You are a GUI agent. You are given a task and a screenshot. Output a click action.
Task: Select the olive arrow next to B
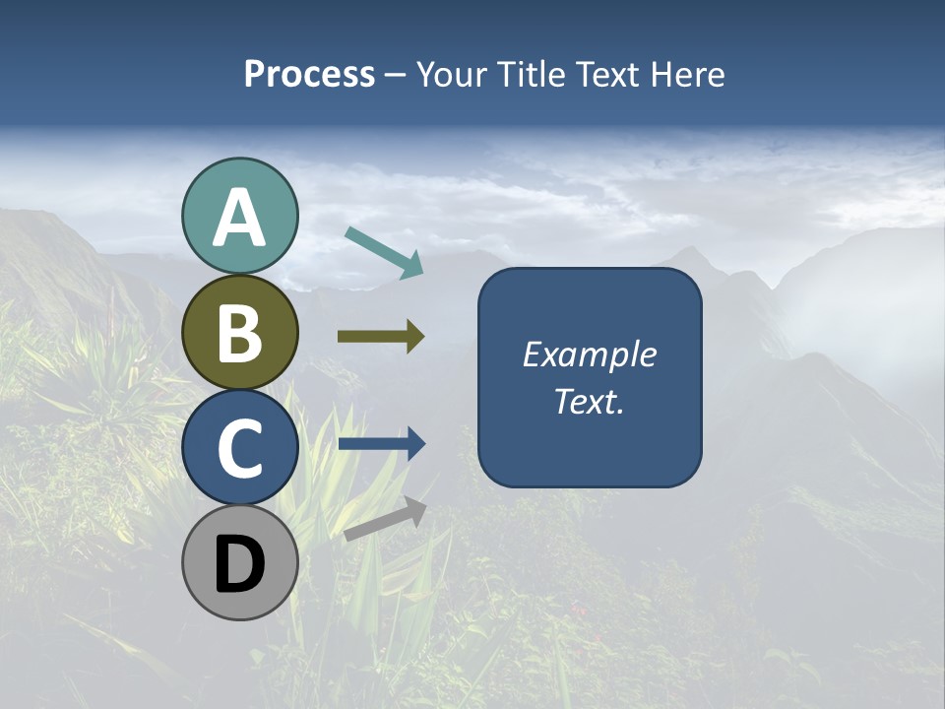[381, 337]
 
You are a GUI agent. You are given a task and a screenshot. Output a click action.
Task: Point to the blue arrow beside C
[381, 444]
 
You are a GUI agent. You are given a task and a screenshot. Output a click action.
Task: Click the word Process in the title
[309, 75]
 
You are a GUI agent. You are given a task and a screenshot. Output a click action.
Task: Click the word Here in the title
[688, 75]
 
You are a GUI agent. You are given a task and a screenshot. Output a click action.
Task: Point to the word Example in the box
[589, 354]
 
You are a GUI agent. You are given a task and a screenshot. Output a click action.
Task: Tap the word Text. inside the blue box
[589, 402]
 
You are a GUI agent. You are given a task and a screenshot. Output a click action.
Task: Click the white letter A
[239, 219]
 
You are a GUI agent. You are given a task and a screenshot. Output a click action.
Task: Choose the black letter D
[239, 565]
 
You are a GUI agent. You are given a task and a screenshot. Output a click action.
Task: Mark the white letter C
[239, 448]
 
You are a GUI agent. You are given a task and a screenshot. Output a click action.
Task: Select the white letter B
[239, 334]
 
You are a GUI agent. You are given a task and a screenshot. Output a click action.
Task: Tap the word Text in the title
[605, 75]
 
